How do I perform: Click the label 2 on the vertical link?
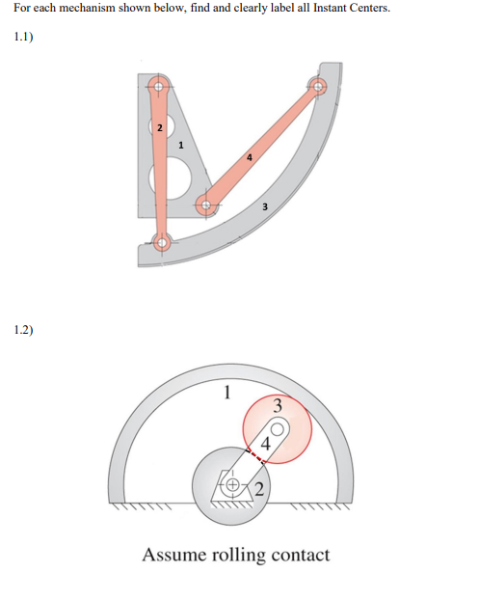[x=160, y=127]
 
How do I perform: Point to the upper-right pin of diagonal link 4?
[x=319, y=87]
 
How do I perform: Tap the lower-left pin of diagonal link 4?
[x=204, y=204]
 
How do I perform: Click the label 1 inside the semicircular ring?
[x=226, y=393]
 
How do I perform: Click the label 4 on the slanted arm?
[x=265, y=445]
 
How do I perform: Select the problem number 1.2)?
[x=24, y=330]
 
